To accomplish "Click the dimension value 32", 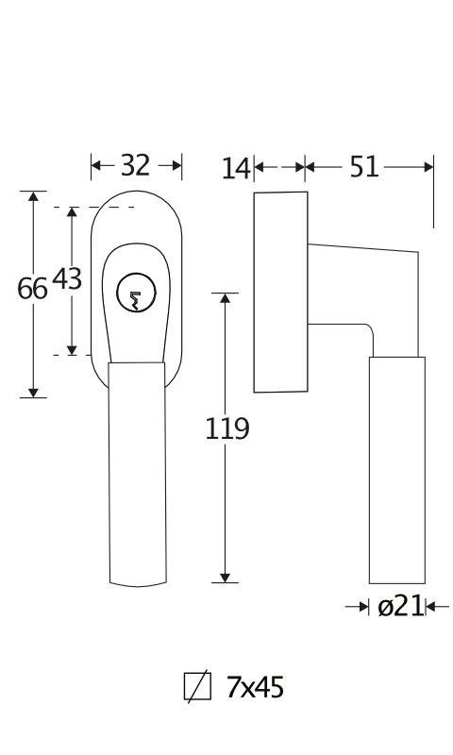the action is point(135,166).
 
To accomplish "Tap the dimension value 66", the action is point(32,289).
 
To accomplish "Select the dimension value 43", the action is point(67,279).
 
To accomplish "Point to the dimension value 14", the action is point(236,169).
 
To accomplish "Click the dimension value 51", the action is point(364,167).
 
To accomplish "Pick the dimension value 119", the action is point(227,429).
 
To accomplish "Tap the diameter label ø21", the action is point(400,606).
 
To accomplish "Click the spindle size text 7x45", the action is point(255,687).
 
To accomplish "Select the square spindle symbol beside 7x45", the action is point(197,687).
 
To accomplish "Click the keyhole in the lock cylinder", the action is point(136,300).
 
